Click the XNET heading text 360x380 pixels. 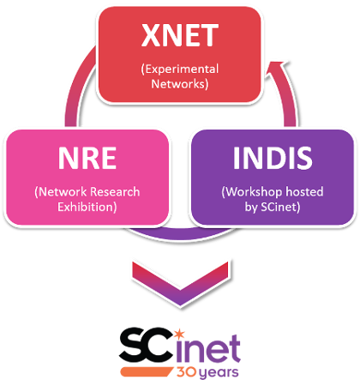click(180, 35)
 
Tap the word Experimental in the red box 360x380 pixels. click(180, 69)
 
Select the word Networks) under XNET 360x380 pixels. click(180, 84)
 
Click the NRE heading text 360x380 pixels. click(87, 158)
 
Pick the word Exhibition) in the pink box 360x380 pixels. click(87, 207)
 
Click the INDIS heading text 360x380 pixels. click(273, 158)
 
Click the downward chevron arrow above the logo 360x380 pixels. click(180, 284)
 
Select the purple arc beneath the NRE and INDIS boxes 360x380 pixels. click(181, 234)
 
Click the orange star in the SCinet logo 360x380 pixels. click(179, 334)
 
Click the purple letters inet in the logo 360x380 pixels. click(208, 348)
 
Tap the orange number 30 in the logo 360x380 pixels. click(186, 371)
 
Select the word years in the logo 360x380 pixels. click(219, 372)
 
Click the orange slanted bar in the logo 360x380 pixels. click(147, 371)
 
